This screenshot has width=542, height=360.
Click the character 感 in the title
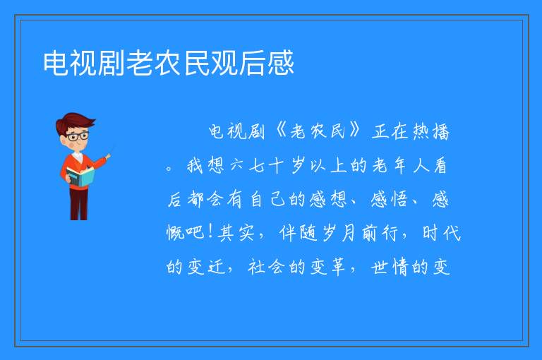280,63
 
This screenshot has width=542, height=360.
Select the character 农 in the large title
169,63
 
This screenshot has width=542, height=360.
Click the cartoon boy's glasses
78,136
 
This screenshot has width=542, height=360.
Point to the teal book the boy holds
80,176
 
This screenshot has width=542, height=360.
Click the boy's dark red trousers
78,204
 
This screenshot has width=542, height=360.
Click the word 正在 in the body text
390,132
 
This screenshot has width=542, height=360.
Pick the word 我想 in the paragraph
205,165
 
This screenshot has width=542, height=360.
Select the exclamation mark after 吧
210,232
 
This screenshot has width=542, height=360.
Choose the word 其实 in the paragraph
236,232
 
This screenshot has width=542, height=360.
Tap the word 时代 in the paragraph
442,232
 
